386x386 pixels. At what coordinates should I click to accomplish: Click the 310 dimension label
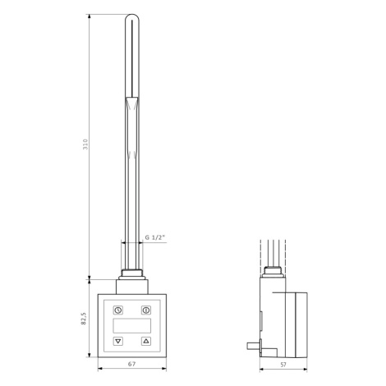pos(85,144)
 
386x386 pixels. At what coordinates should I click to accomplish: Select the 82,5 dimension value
pos(84,319)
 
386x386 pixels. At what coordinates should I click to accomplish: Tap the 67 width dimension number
pos(132,364)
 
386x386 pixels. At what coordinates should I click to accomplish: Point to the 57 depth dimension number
pos(283,365)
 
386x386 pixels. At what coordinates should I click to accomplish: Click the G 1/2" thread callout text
pos(155,237)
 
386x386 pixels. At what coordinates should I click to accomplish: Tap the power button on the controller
pos(146,310)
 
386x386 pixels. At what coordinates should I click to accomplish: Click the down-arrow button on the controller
pos(118,341)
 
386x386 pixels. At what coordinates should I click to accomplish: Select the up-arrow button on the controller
pos(146,341)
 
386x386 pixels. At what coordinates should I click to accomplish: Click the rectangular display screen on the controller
pos(132,326)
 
